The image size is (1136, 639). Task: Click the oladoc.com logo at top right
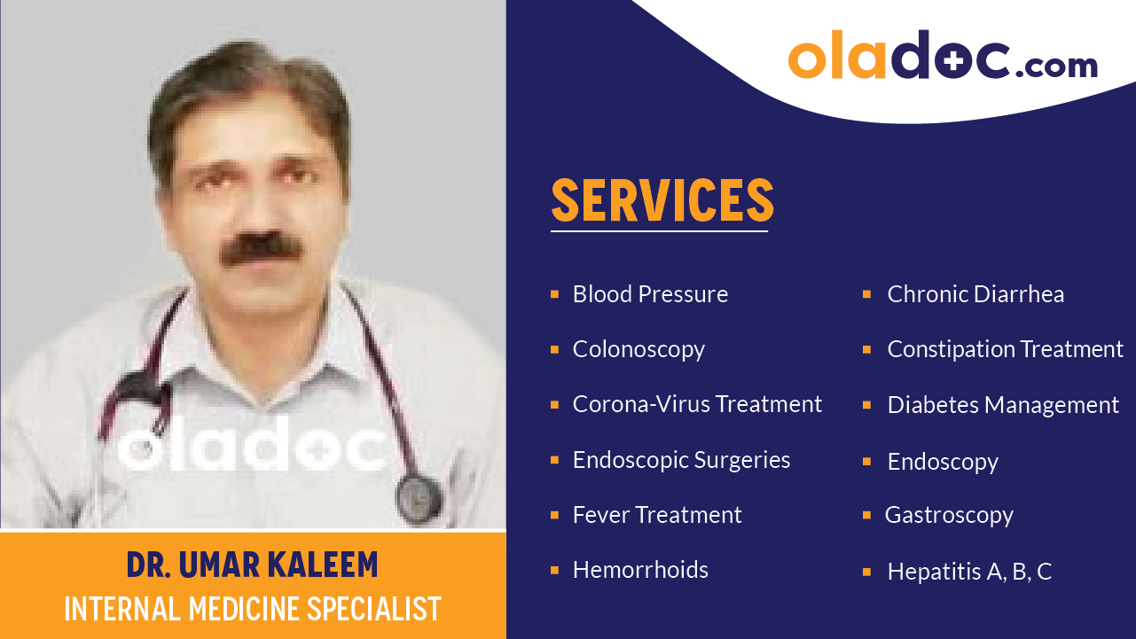coord(942,57)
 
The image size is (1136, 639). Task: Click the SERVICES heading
coord(662,200)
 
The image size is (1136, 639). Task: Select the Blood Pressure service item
coord(650,294)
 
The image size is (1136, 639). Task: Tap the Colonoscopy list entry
coord(639,349)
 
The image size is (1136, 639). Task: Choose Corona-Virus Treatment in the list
coord(697,404)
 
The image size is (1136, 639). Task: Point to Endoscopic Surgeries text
coord(681,460)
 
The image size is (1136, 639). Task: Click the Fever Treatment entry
coord(657,515)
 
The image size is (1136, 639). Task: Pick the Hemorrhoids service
coord(640,570)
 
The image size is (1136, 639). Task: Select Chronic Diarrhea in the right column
coord(975,294)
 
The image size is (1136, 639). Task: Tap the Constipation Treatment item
coord(1005,349)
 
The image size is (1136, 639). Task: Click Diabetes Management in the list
coord(1003,405)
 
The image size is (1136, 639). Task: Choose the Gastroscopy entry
coord(949,515)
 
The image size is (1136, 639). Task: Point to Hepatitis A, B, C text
coord(969,572)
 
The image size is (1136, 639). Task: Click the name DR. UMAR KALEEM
coord(252,565)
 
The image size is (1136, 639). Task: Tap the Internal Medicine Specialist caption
coord(253,609)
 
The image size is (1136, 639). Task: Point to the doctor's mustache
coord(259,249)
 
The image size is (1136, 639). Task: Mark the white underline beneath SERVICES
coord(659,231)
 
